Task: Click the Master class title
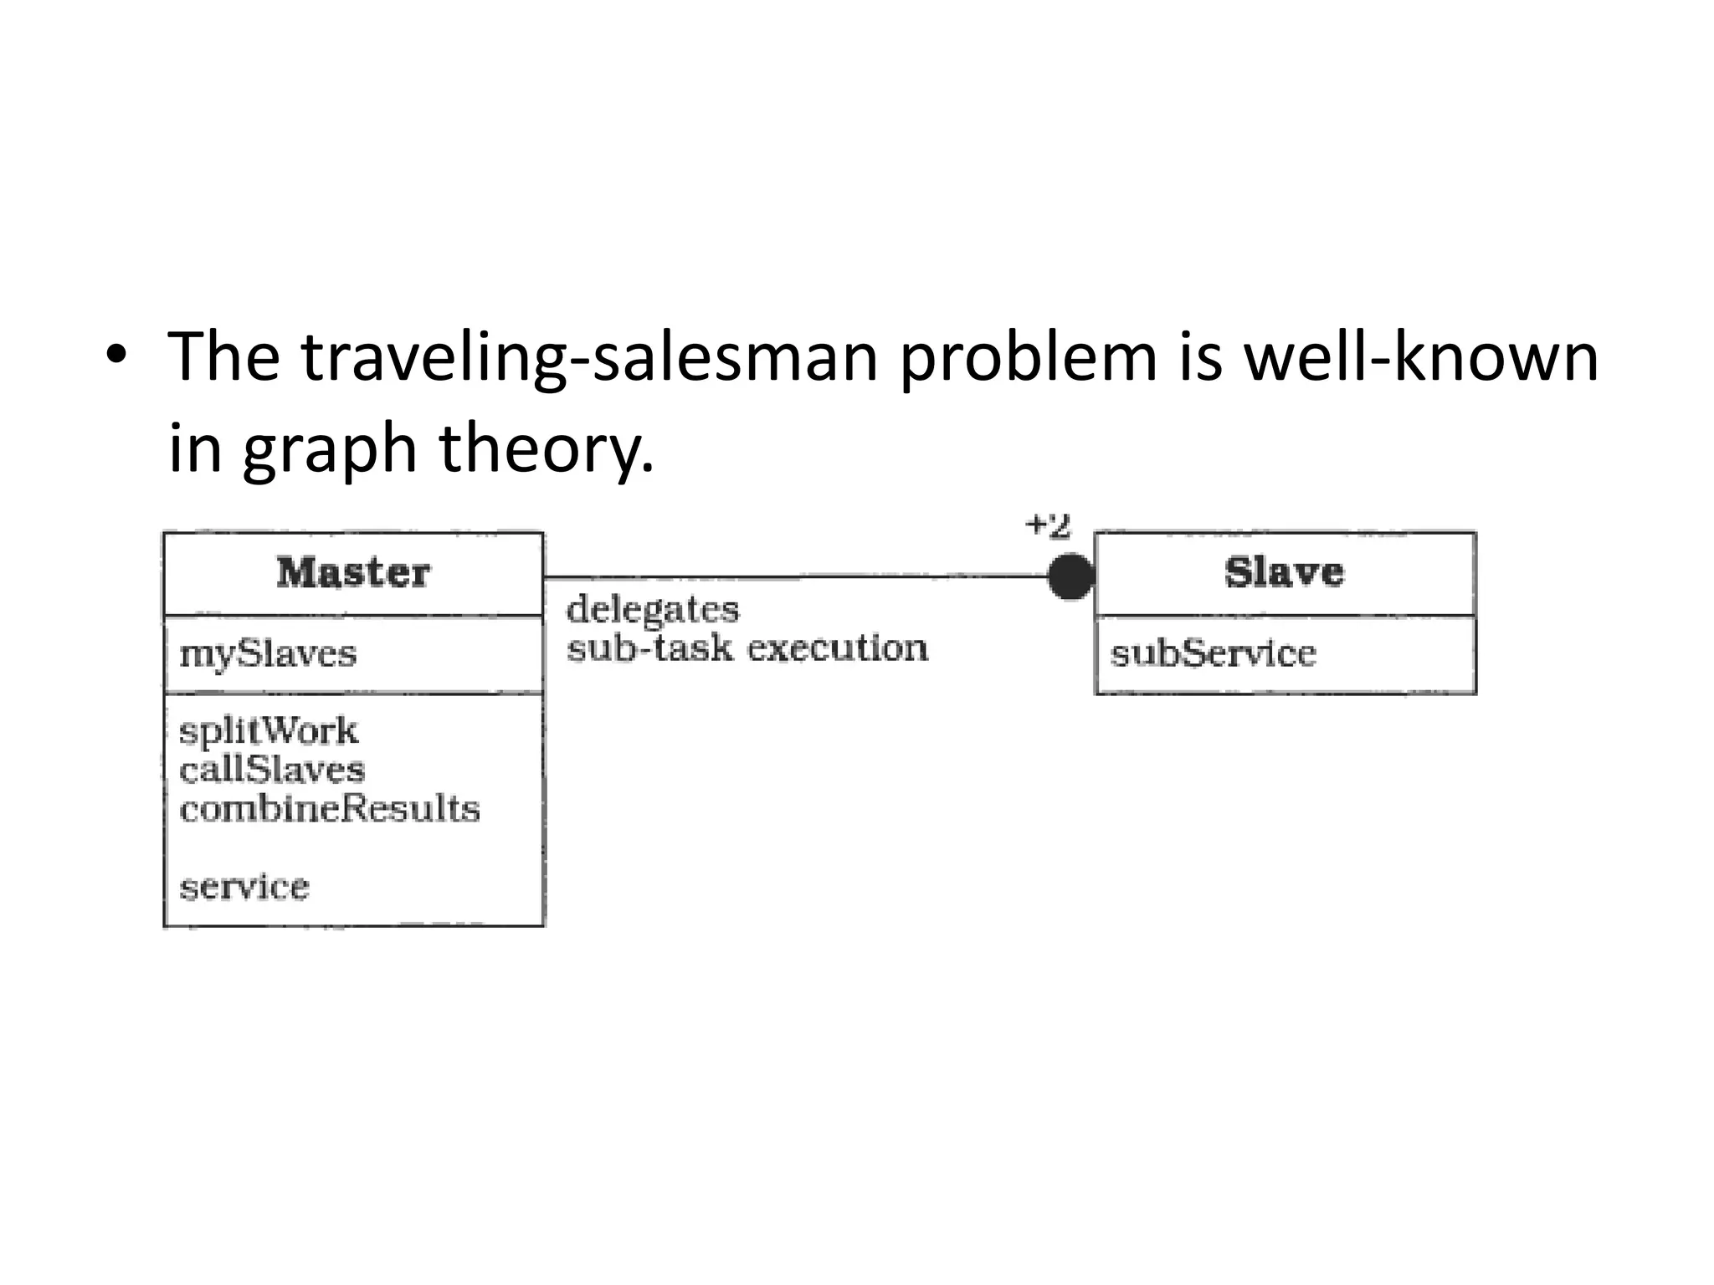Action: coord(353,573)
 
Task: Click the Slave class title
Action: coord(1284,573)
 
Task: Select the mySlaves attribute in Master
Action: coord(268,653)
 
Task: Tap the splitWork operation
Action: coord(268,731)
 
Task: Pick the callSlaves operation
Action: coord(272,770)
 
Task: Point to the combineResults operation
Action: coord(330,809)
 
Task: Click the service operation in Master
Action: coord(244,886)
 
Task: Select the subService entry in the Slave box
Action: coord(1213,653)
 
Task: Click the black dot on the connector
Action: coord(1070,576)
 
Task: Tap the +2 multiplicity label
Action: coord(1048,526)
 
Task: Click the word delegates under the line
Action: coord(653,610)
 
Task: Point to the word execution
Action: coord(837,648)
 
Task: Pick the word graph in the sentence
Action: coord(330,449)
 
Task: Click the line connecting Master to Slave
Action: coord(795,576)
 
